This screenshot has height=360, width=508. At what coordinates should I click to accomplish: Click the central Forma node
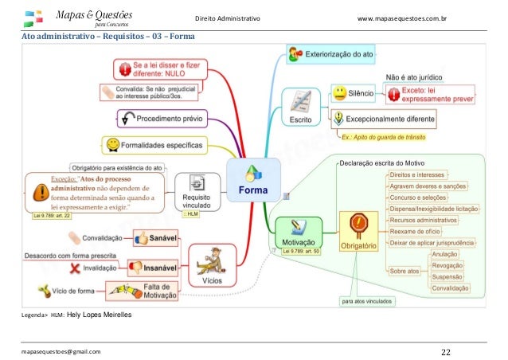click(x=253, y=182)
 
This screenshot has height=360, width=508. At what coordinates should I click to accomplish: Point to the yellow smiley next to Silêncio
click(x=339, y=94)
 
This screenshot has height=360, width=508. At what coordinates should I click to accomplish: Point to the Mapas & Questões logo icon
click(x=35, y=18)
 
